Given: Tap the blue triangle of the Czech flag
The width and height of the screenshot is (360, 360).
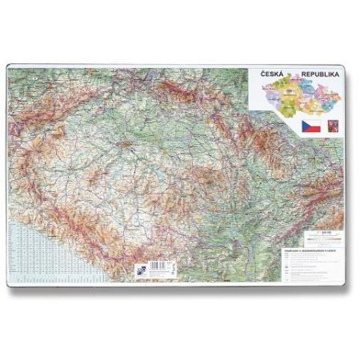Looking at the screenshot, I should coord(304,126).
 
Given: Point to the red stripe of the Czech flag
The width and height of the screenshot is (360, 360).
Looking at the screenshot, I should coord(312,130).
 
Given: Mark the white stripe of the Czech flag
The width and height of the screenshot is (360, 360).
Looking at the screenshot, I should coord(312,123).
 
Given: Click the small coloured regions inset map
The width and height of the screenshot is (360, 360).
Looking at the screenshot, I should coord(300,98).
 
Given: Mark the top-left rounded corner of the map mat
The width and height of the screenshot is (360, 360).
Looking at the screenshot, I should coord(10,66).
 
